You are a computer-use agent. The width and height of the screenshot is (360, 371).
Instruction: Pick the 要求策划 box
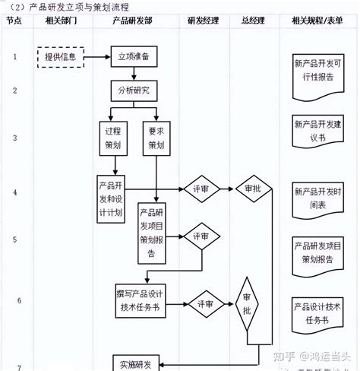coord(156,137)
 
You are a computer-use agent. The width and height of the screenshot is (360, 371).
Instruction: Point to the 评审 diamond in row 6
coord(206,303)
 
